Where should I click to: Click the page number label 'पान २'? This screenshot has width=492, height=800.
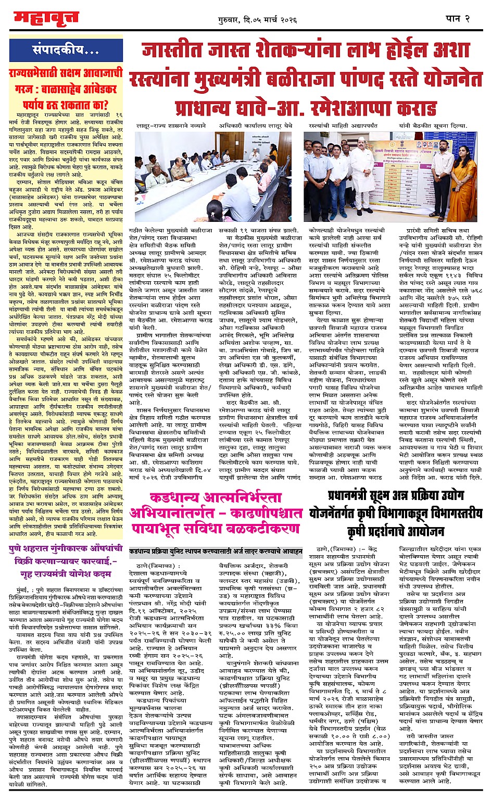pos(458,18)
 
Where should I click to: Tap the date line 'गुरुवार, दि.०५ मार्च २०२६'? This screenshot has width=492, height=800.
pos(257,20)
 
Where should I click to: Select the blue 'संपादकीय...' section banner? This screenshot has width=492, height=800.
pos(65,51)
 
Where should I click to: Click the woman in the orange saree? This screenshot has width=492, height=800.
pos(461,184)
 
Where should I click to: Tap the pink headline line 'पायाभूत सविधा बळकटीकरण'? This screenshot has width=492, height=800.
pos(216,529)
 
